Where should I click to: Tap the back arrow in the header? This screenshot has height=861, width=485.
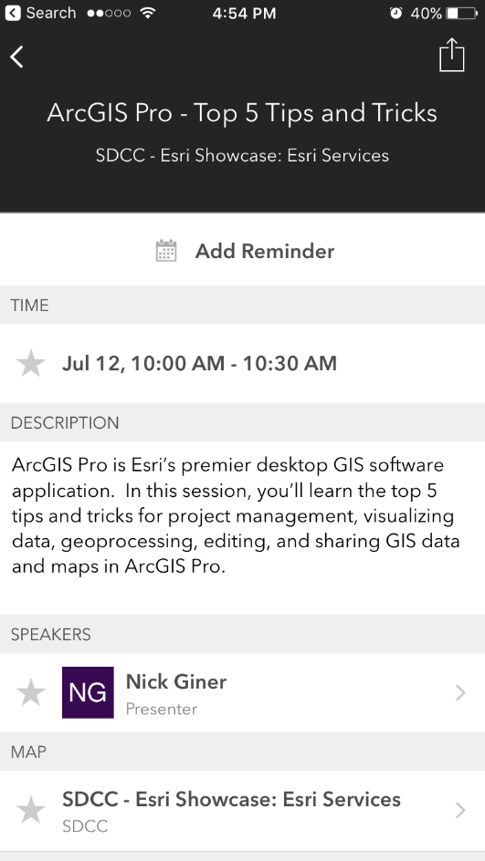[x=16, y=57]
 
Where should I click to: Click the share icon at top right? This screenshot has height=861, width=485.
[x=452, y=55]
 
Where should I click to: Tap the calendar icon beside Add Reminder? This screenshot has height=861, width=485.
[x=165, y=251]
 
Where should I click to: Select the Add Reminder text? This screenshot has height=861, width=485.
[x=265, y=251]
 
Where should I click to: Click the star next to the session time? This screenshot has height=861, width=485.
[x=31, y=364]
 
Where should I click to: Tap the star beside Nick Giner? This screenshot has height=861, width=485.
[x=31, y=693]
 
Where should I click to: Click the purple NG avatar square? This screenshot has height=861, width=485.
[x=88, y=692]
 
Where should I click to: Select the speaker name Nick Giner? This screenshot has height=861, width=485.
[x=176, y=681]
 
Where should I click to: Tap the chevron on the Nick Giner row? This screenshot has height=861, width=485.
[x=460, y=693]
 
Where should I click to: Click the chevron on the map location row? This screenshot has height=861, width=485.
[x=460, y=810]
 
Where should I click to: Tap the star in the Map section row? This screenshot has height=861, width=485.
[x=31, y=810]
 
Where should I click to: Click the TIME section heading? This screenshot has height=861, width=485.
[x=29, y=306]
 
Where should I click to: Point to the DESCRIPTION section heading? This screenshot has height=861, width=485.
[x=65, y=423]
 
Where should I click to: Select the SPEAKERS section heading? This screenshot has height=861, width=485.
[x=51, y=634]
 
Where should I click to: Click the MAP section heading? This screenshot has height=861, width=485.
[x=28, y=752]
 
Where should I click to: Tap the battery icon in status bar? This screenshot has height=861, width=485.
[x=463, y=14]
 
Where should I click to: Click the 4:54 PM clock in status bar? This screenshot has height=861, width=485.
[x=244, y=14]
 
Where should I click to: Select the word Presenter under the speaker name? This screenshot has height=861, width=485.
[x=162, y=709]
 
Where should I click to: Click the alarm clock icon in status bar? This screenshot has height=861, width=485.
[x=395, y=14]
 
